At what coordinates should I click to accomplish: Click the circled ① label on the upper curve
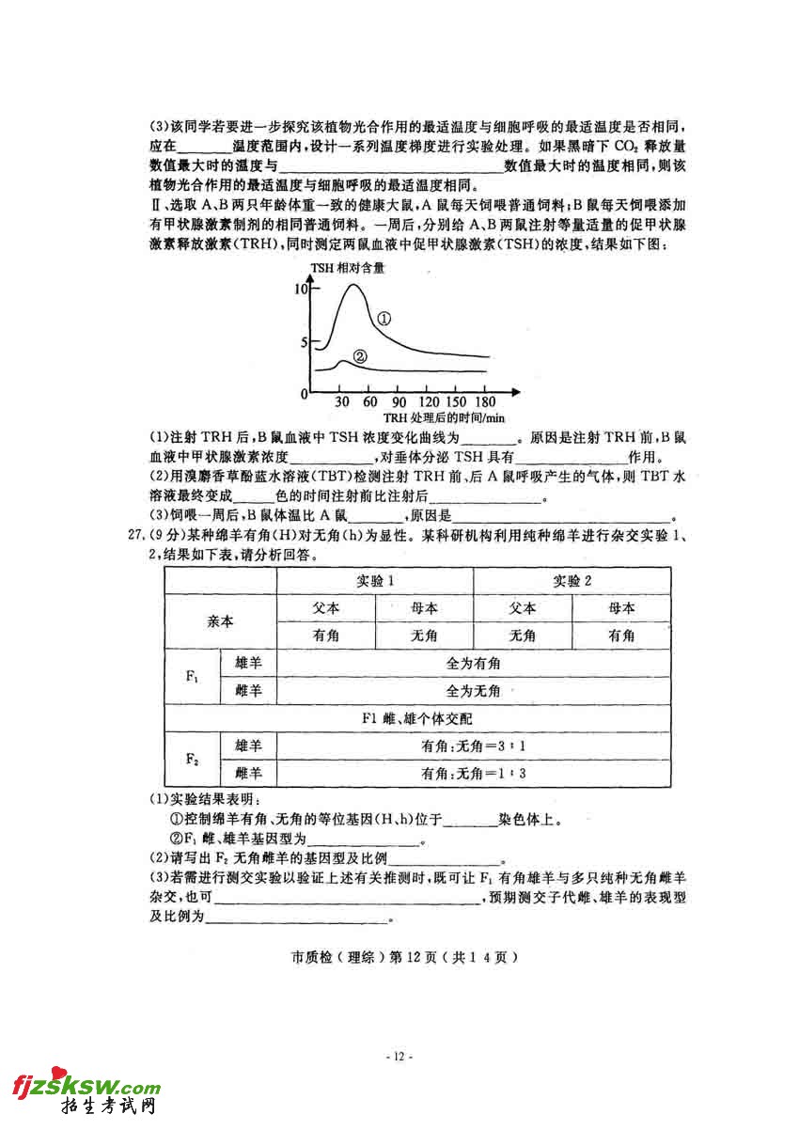pyautogui.click(x=384, y=319)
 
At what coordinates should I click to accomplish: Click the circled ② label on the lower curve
pyautogui.click(x=360, y=356)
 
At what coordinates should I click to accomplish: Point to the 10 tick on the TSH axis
pyautogui.click(x=300, y=289)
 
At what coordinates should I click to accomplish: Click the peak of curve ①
pyautogui.click(x=354, y=284)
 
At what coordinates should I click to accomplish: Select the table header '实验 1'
pyautogui.click(x=375, y=580)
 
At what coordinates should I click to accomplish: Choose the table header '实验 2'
pyautogui.click(x=572, y=580)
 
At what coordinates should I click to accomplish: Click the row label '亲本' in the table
pyautogui.click(x=220, y=621)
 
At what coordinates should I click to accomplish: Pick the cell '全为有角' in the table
pyautogui.click(x=474, y=664)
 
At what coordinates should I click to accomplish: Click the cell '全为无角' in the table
pyautogui.click(x=474, y=691)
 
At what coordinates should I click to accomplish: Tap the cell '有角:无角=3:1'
pyautogui.click(x=474, y=746)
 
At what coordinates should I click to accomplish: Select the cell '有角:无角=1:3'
pyautogui.click(x=474, y=774)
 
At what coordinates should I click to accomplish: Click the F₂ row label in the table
pyautogui.click(x=192, y=760)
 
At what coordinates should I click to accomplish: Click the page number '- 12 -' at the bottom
pyautogui.click(x=399, y=1057)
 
